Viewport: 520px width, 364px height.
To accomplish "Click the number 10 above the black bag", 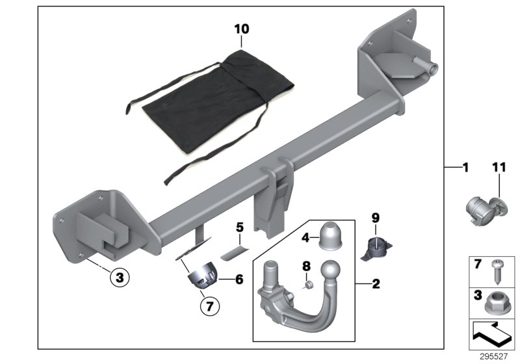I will [242, 29].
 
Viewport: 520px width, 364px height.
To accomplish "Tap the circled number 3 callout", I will [120, 277].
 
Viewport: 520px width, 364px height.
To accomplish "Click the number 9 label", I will [375, 218].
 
